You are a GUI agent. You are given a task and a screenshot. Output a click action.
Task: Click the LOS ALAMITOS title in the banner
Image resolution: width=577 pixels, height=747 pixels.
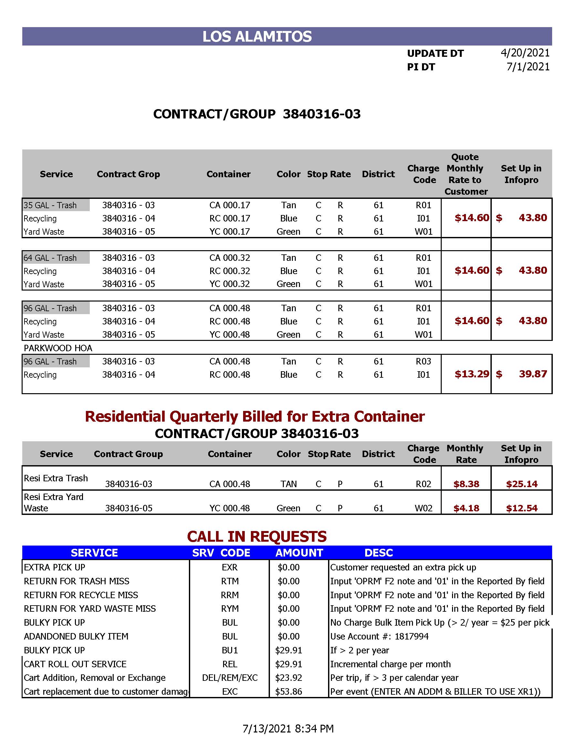257,36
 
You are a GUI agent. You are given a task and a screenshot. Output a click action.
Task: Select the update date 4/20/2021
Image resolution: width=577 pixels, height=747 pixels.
525,53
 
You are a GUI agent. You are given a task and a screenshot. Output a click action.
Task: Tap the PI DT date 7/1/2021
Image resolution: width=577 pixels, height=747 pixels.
528,67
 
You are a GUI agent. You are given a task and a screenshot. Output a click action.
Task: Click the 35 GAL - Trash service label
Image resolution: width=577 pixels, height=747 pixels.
50,205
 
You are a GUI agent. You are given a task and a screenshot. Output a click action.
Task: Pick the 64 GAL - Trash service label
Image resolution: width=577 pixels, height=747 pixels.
50,258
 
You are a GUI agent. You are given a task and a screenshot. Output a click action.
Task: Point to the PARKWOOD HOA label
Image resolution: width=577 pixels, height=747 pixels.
58,348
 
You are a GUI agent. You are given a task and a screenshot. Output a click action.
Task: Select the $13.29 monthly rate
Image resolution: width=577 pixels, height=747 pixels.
472,374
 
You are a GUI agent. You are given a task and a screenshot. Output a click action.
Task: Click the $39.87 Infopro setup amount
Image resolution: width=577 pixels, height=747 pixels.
532,374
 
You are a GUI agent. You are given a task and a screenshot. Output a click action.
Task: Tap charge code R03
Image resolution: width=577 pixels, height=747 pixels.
423,362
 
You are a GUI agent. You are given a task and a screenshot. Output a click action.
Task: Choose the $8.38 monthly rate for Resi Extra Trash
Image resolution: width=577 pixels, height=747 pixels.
466,484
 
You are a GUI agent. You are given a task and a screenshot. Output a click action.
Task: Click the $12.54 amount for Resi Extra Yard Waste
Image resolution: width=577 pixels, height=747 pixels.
521,508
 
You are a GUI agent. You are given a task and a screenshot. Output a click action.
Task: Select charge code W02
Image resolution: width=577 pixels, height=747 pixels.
423,508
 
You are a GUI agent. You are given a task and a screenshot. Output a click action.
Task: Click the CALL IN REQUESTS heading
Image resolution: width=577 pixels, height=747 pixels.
257,537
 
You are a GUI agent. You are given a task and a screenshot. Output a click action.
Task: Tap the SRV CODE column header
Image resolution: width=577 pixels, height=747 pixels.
221,553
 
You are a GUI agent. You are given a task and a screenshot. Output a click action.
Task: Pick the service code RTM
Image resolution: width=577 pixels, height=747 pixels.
230,581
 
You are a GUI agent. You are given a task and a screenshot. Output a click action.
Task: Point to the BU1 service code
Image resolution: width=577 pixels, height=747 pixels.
230,650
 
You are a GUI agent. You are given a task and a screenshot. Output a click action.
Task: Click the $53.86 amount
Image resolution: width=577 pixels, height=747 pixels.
289,691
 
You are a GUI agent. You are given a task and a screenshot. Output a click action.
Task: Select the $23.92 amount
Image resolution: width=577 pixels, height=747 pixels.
289,678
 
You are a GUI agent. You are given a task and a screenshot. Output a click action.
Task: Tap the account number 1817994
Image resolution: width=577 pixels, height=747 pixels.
411,636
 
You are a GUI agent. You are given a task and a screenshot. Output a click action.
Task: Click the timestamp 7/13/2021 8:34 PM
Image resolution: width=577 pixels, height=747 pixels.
288,729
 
